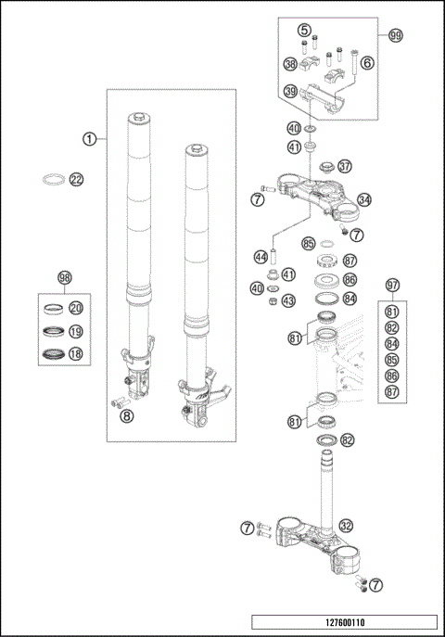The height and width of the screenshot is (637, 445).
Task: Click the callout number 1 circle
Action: [89, 139]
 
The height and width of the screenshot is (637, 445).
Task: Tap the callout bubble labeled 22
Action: [77, 179]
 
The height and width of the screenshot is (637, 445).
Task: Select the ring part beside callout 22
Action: [55, 179]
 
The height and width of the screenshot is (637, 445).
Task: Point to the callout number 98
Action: [64, 278]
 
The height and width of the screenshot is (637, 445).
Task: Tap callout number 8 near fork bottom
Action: [126, 415]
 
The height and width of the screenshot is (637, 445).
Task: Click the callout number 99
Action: [369, 35]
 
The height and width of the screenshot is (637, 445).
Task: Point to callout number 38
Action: [290, 64]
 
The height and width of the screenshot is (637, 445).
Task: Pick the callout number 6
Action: [366, 62]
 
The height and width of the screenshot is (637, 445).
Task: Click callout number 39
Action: [290, 91]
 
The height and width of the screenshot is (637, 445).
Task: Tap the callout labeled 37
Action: [345, 167]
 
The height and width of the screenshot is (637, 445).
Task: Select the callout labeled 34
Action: [364, 199]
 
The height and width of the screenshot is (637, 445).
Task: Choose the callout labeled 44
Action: [261, 256]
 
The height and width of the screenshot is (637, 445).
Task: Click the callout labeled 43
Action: [288, 300]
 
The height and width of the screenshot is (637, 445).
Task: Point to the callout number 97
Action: [392, 285]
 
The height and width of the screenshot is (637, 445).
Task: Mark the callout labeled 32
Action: [345, 526]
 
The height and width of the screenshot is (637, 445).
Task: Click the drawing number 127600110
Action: [343, 623]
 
